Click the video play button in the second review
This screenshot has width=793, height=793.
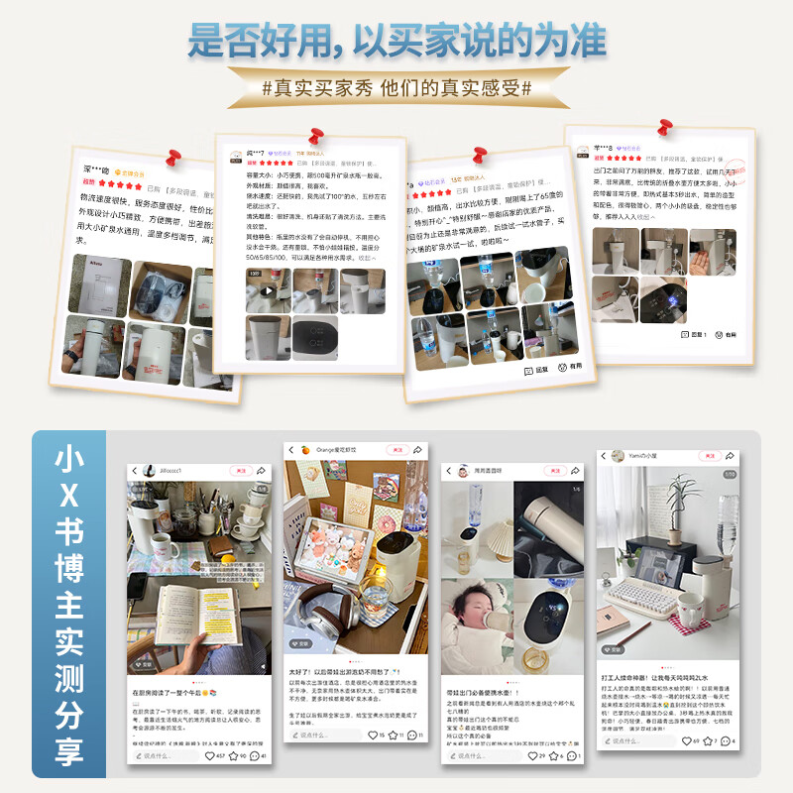click(268, 290)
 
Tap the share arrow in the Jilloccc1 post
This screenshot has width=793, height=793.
click(261, 470)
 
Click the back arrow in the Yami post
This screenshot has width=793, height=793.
click(606, 456)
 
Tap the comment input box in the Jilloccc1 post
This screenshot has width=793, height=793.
click(164, 756)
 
